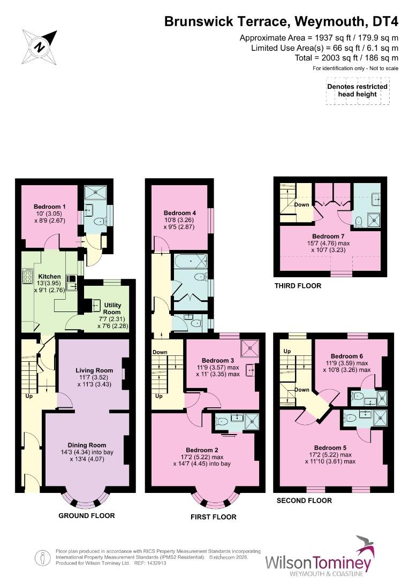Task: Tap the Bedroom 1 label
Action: tap(49, 207)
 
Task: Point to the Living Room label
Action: tap(94, 370)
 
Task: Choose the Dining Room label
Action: tap(87, 445)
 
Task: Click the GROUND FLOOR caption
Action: tap(86, 516)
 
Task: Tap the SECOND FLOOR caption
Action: tap(304, 500)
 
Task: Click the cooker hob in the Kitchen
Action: tap(27, 277)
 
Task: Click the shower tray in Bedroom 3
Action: tap(249, 348)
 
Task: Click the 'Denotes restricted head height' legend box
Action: tap(357, 90)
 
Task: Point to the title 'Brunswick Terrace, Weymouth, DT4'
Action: tap(282, 21)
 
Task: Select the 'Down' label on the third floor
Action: tap(301, 205)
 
